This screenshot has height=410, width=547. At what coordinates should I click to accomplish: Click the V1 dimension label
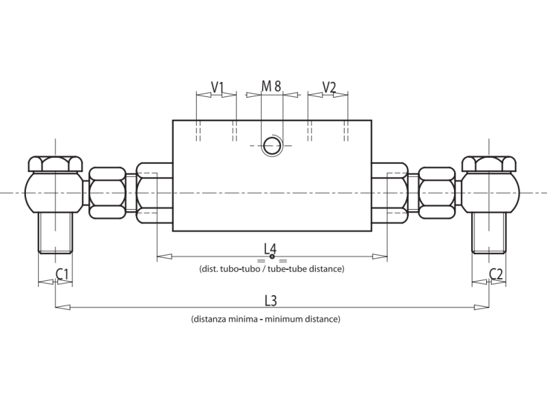(x=217, y=87)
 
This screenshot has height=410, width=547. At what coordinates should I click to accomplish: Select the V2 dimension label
(x=329, y=87)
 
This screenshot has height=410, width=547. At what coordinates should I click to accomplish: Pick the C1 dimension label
(x=62, y=274)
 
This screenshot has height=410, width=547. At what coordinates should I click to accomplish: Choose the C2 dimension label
(x=496, y=274)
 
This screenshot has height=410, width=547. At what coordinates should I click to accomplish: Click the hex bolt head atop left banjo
(x=55, y=164)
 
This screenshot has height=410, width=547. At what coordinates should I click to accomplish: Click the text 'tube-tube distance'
(x=310, y=269)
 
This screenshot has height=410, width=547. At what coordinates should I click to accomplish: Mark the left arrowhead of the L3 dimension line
(x=59, y=307)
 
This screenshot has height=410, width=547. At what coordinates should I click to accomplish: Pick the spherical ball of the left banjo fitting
(x=54, y=193)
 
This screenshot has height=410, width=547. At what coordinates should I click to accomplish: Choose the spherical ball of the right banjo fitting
(x=489, y=193)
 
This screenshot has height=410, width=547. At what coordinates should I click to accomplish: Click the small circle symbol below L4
(x=272, y=258)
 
